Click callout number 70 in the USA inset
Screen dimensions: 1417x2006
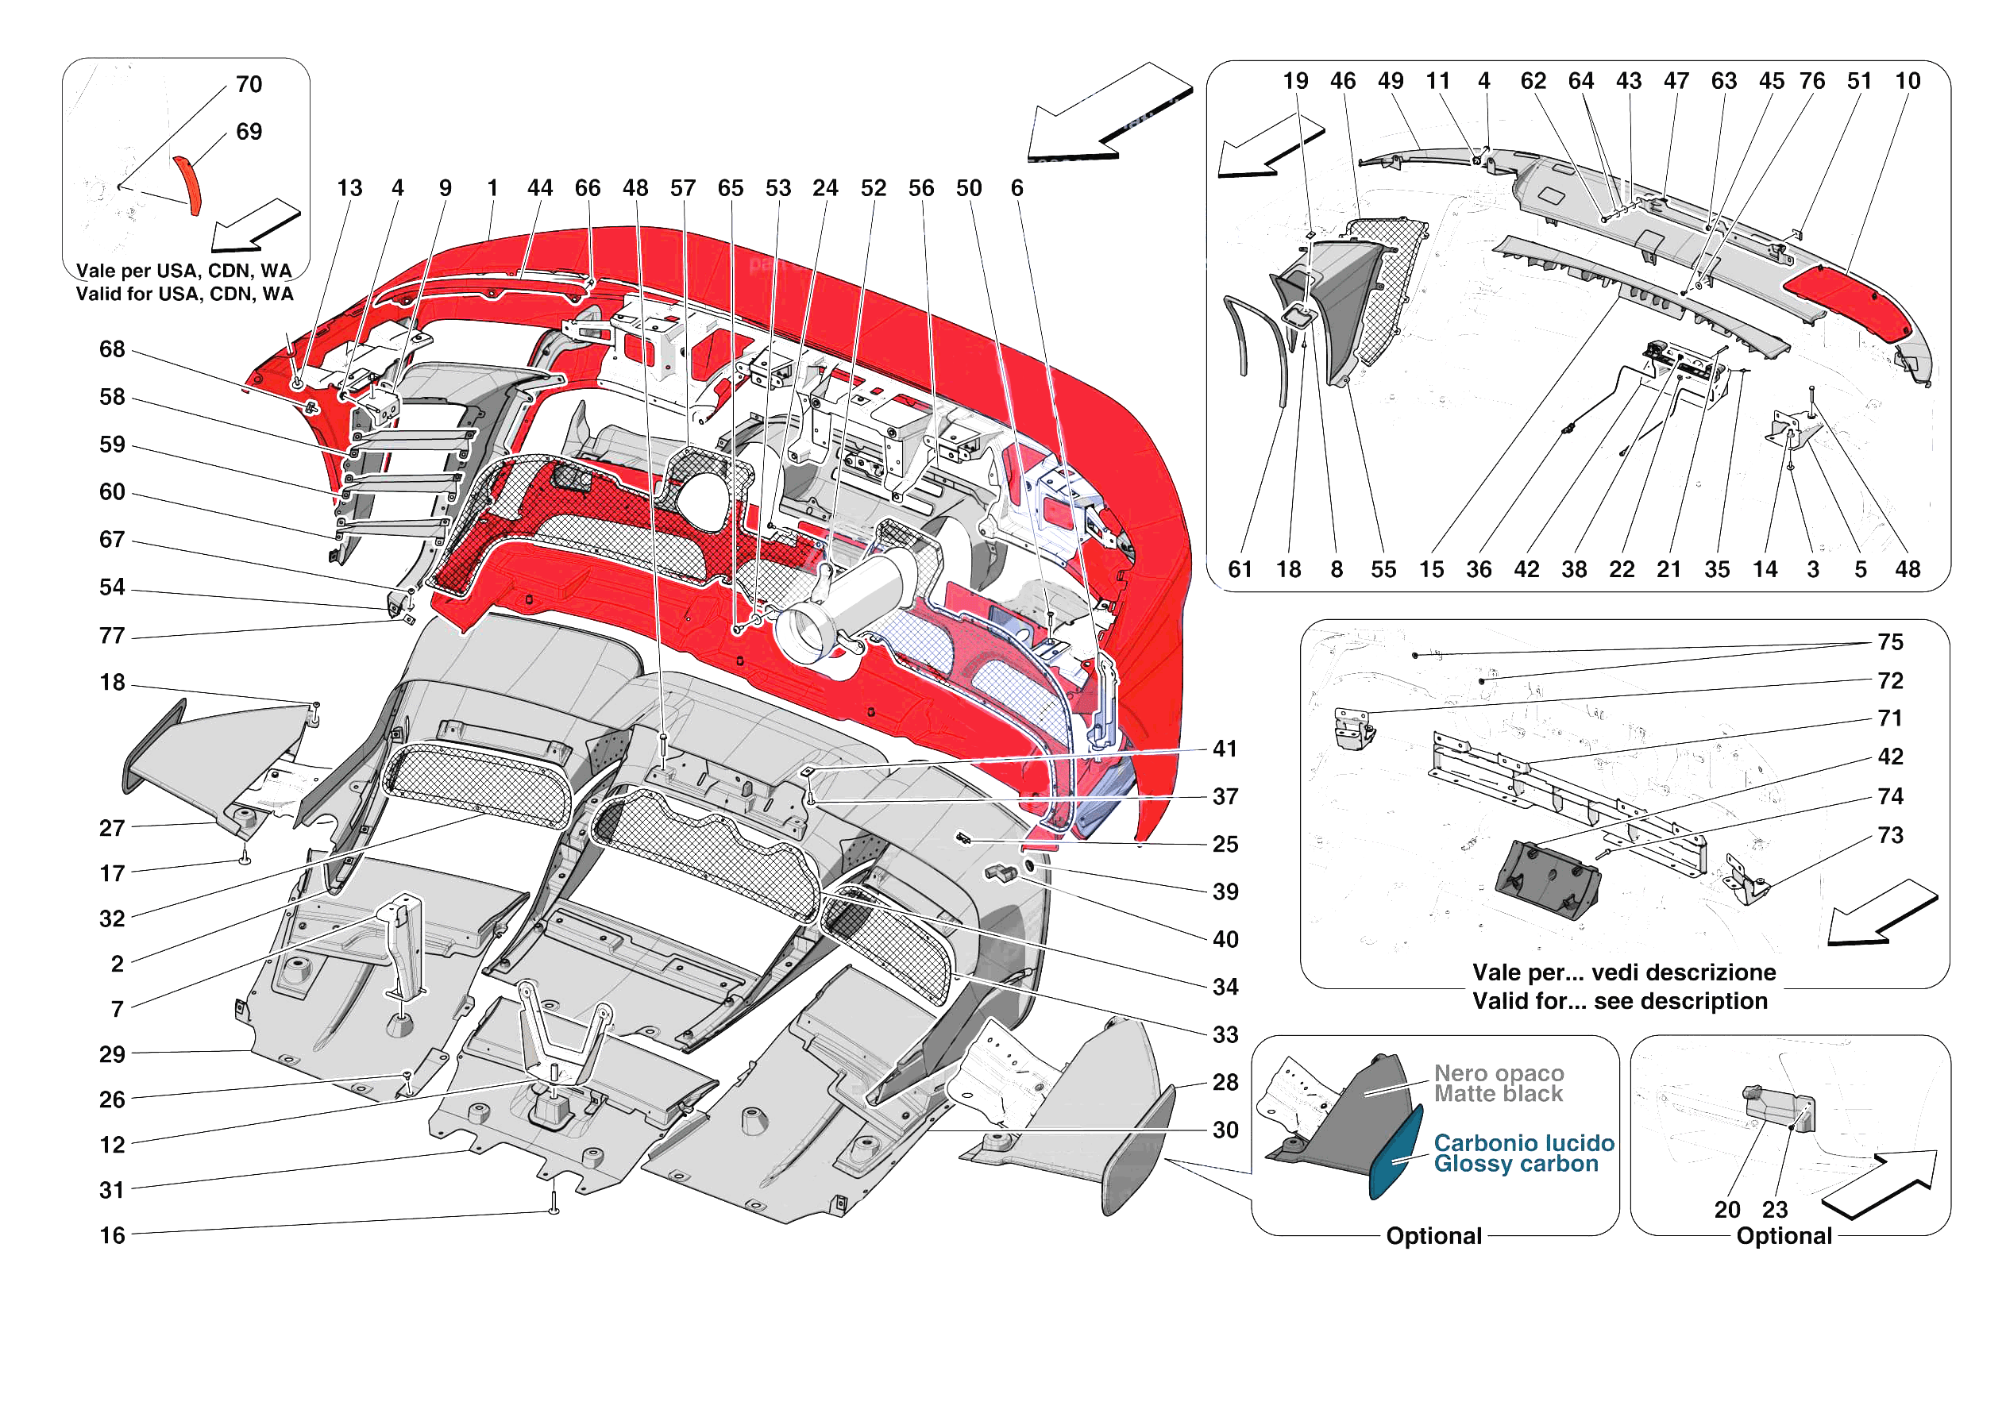(x=249, y=85)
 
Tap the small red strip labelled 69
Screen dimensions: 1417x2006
(x=188, y=184)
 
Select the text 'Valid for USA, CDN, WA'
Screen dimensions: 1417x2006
(x=184, y=295)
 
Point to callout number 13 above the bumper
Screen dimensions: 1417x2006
(x=349, y=189)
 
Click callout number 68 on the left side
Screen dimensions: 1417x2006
(x=112, y=349)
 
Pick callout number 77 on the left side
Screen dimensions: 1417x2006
(x=112, y=636)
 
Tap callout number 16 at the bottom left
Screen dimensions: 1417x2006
(x=112, y=1236)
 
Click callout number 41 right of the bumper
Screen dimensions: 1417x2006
(x=1225, y=749)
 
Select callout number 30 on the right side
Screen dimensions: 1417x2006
(x=1225, y=1130)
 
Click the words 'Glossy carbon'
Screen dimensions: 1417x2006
(x=1516, y=1165)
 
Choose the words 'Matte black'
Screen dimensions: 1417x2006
(x=1499, y=1095)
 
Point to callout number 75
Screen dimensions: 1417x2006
(x=1890, y=643)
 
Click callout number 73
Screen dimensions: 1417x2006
(x=1890, y=836)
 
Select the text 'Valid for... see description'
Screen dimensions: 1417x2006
(x=1620, y=1001)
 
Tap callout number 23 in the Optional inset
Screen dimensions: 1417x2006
(x=1774, y=1210)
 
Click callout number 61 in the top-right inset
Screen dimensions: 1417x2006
(x=1240, y=571)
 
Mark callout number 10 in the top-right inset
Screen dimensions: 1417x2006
(x=1908, y=81)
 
